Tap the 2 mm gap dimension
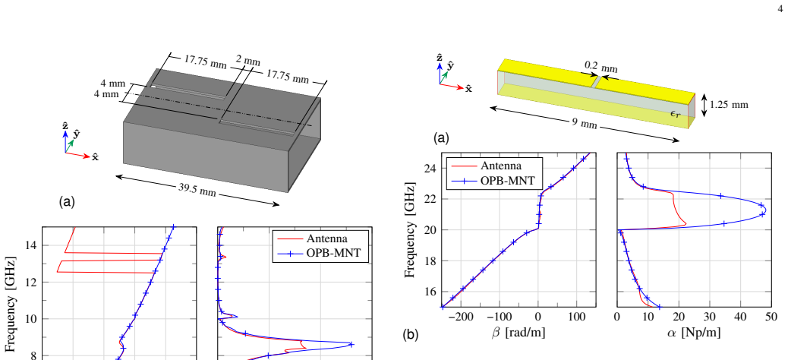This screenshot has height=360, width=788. (x=248, y=62)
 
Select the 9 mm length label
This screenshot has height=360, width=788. (x=584, y=124)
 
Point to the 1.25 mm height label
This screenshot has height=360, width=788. (x=729, y=105)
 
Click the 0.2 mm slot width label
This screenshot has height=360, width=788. (x=601, y=67)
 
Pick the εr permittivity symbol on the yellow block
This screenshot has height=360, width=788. (x=676, y=113)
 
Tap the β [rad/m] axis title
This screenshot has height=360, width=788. (x=519, y=333)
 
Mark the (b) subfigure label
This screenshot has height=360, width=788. (x=410, y=334)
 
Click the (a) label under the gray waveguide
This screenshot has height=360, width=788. (x=68, y=202)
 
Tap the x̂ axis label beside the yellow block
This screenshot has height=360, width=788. (x=468, y=89)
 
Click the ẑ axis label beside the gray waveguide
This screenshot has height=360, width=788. (x=65, y=126)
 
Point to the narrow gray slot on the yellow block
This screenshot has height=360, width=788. (x=595, y=82)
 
